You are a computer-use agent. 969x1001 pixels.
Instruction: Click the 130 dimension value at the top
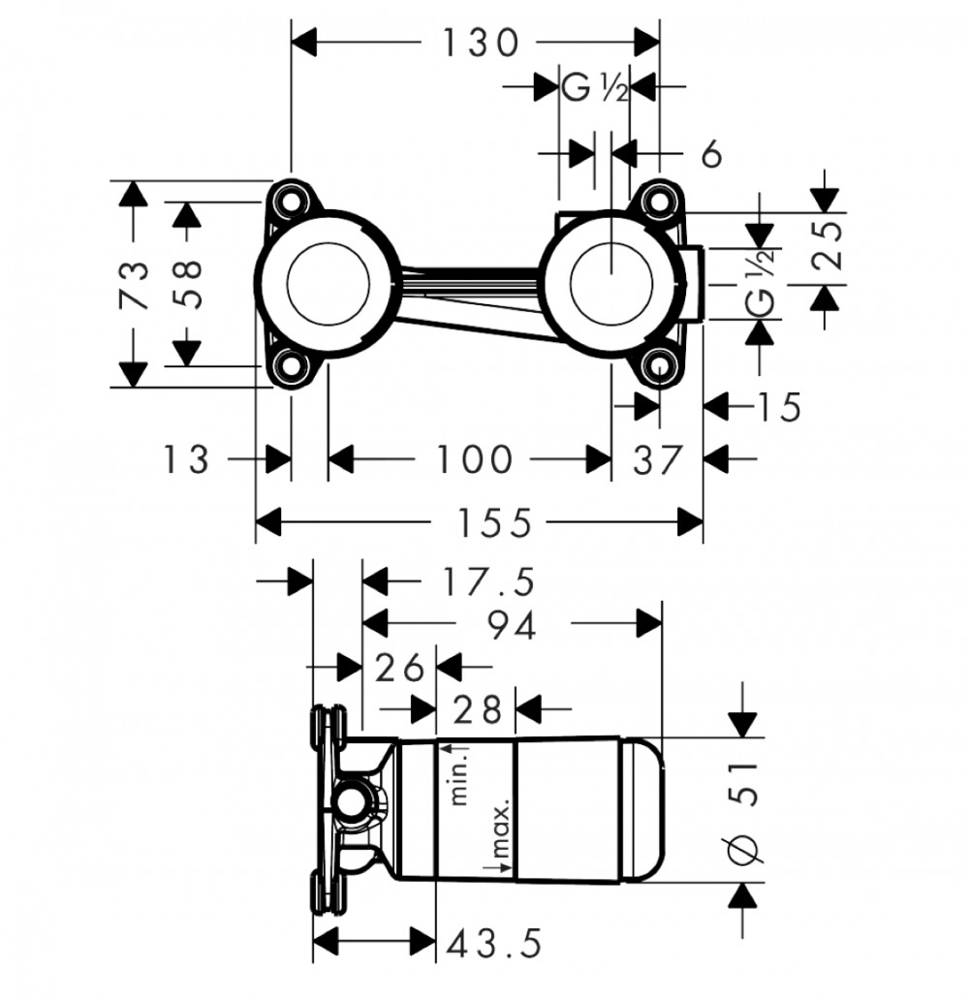tap(481, 44)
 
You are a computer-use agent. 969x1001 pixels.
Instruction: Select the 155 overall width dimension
tap(495, 523)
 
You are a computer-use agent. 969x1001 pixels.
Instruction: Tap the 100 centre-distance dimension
tap(474, 459)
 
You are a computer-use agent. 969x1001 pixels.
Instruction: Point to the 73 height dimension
tap(135, 284)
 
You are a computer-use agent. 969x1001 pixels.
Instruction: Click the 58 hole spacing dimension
tap(188, 284)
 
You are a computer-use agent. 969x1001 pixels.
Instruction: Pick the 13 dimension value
tap(186, 459)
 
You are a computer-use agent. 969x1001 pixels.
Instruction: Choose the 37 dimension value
tap(658, 459)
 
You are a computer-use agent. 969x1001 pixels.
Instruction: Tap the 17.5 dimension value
tap(489, 582)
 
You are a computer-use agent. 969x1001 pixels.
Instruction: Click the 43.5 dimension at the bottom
tap(494, 944)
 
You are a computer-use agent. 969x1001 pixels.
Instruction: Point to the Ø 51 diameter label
tap(743, 813)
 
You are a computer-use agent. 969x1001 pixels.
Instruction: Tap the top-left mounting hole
tap(291, 200)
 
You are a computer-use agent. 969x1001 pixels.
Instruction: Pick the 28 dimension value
tap(476, 709)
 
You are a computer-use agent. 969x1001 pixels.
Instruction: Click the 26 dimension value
tap(399, 667)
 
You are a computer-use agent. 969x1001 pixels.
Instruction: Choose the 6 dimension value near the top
tap(712, 154)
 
